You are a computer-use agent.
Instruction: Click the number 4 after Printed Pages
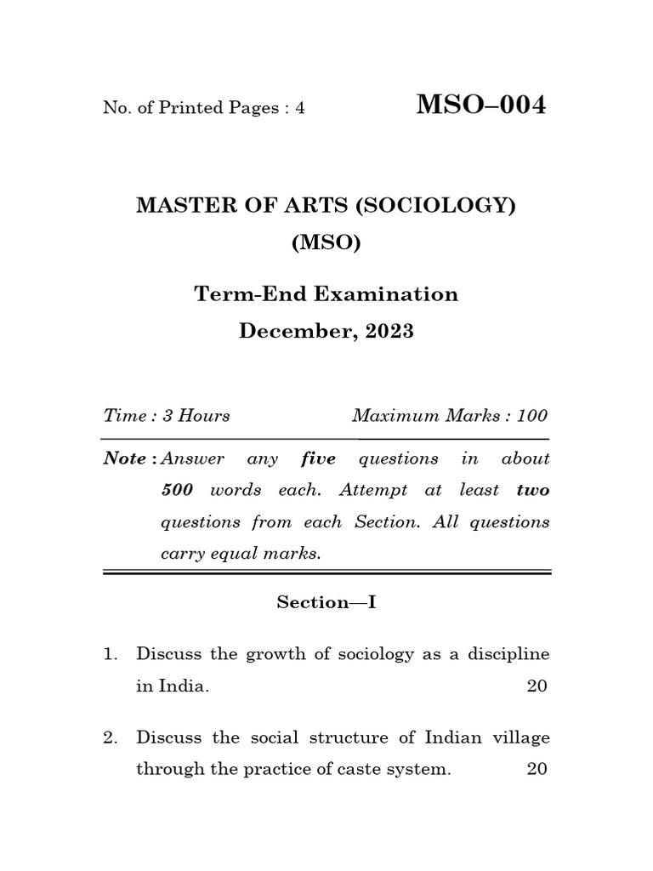click(x=300, y=109)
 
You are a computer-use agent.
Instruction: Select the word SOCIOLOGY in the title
click(x=445, y=207)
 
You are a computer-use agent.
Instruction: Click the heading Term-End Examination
click(x=326, y=294)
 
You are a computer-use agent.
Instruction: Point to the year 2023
click(x=389, y=332)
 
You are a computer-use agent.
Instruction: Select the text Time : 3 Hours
click(x=167, y=416)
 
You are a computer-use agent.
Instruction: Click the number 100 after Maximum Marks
click(x=531, y=416)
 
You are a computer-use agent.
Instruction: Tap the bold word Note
click(x=125, y=459)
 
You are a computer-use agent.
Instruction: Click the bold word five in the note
click(x=319, y=459)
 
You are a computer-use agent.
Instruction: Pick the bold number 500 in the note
click(x=178, y=491)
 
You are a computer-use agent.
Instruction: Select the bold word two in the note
click(x=532, y=491)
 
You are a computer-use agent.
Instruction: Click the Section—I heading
click(x=326, y=602)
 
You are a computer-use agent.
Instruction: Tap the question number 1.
click(x=109, y=655)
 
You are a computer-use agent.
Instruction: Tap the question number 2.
click(x=109, y=738)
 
